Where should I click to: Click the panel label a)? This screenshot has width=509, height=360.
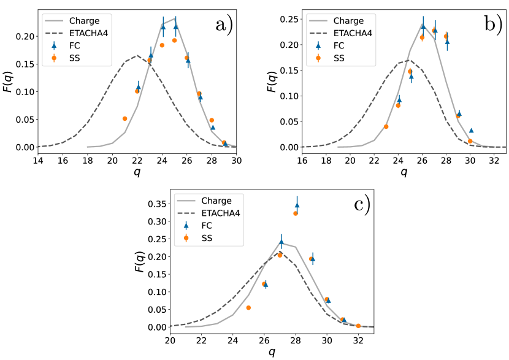224,25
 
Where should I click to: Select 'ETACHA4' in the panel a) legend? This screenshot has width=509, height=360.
88,33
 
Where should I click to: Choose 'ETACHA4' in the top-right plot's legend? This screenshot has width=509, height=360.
353,33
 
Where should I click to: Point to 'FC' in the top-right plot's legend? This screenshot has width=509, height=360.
339,45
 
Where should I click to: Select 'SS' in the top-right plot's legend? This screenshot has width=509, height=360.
339,58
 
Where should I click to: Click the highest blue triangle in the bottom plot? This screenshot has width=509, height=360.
297,205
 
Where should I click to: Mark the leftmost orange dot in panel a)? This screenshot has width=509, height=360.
124,118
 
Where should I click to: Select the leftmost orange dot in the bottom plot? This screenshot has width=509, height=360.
248,307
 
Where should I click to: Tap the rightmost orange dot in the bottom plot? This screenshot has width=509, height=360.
358,326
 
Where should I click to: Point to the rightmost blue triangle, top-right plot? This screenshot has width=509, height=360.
471,130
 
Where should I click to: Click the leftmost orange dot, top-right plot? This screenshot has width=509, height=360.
386,126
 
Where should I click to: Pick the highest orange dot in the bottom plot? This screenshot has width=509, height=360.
296,213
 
